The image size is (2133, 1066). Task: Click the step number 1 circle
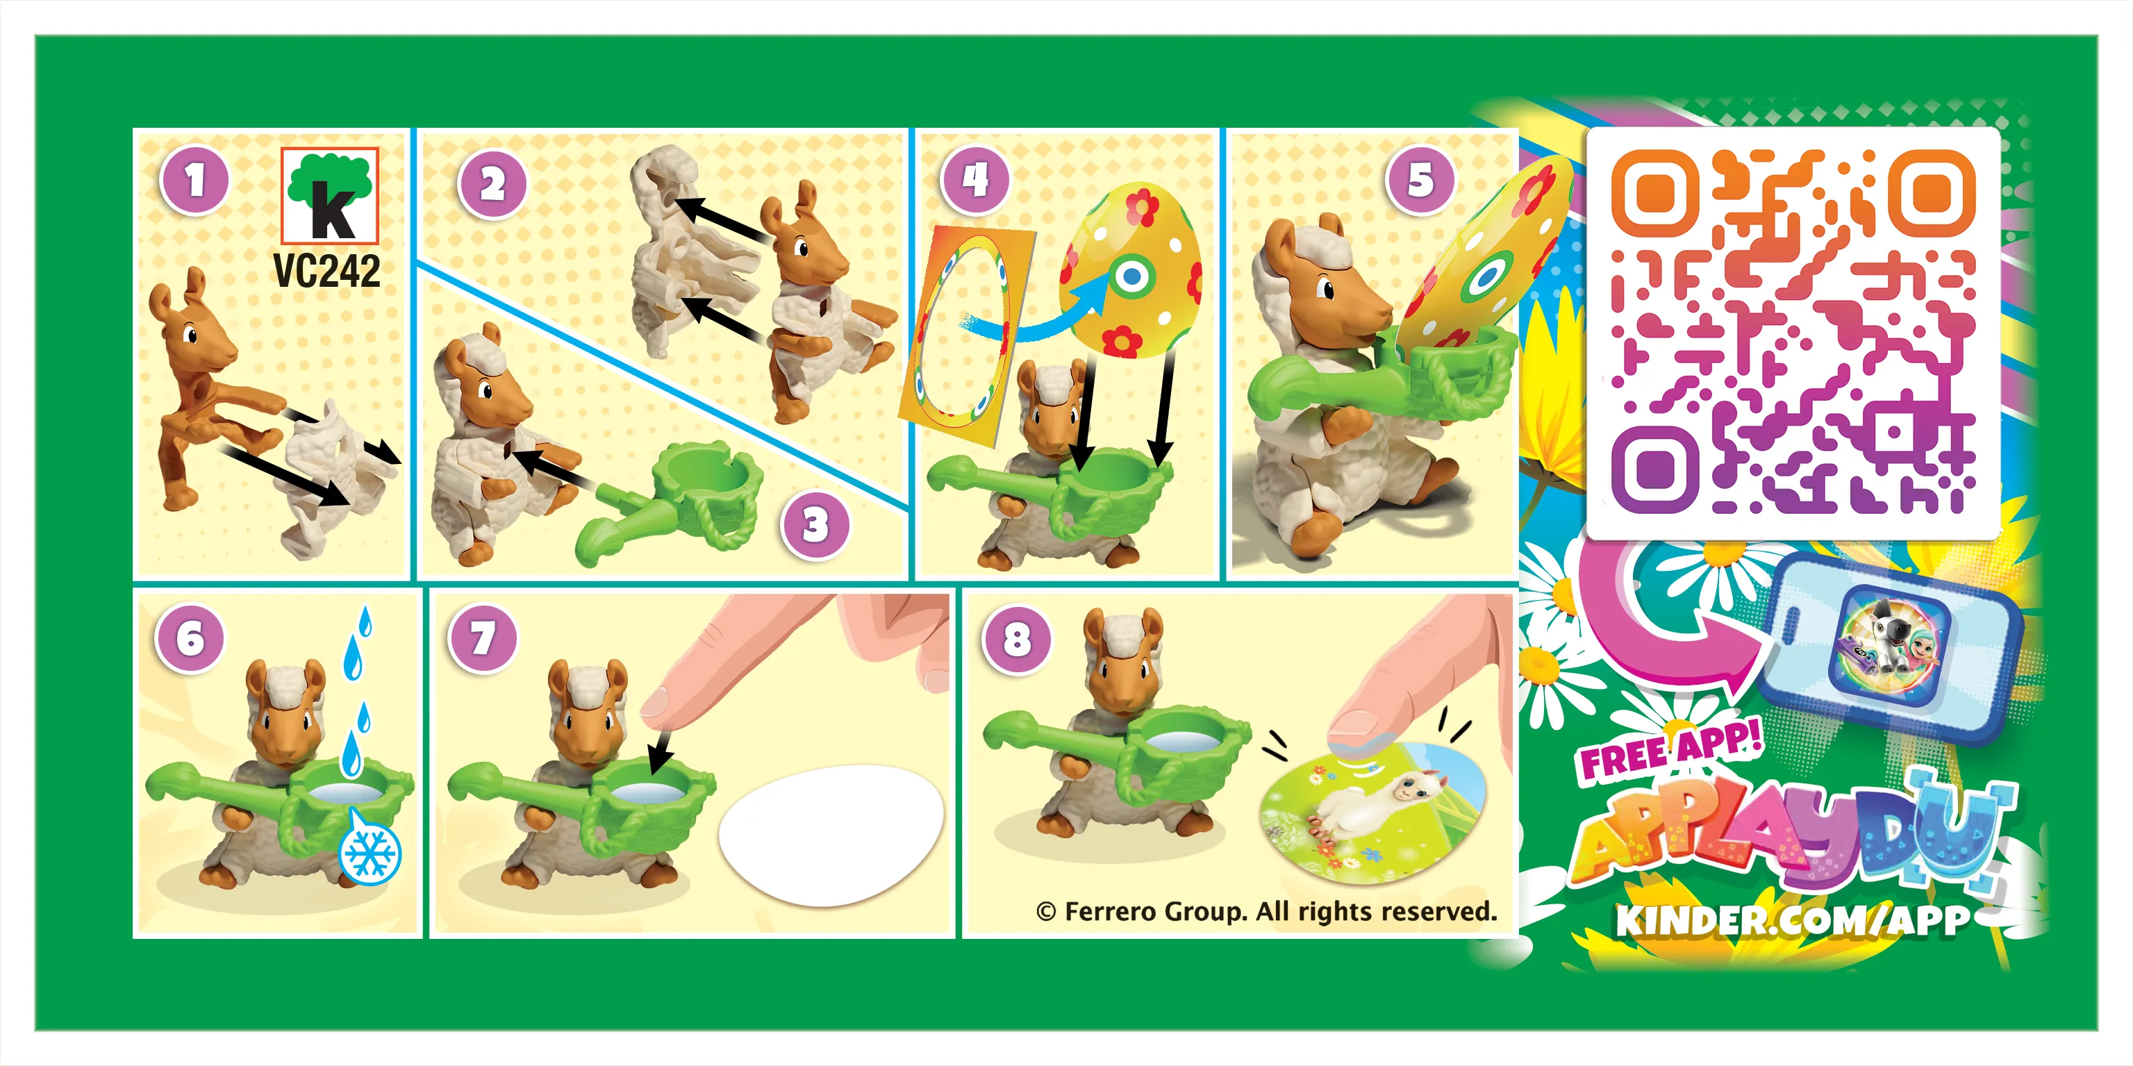(194, 181)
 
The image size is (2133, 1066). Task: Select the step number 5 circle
(1420, 180)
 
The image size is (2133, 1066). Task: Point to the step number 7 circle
(482, 638)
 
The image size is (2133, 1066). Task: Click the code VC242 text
(326, 272)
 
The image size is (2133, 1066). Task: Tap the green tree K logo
(329, 195)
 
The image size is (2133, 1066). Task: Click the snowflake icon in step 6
(370, 853)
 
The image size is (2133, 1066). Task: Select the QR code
(1793, 331)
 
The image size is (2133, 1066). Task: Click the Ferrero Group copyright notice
(1266, 911)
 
